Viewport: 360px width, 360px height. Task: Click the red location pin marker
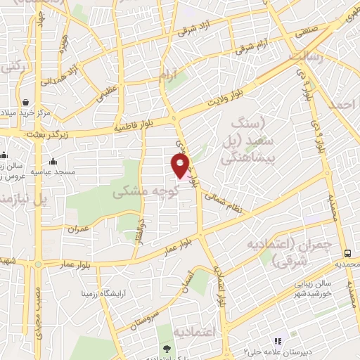pyautogui.click(x=181, y=165)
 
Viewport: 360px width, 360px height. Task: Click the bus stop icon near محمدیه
pyautogui.click(x=347, y=253)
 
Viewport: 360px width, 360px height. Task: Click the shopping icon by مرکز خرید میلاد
pyautogui.click(x=25, y=102)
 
